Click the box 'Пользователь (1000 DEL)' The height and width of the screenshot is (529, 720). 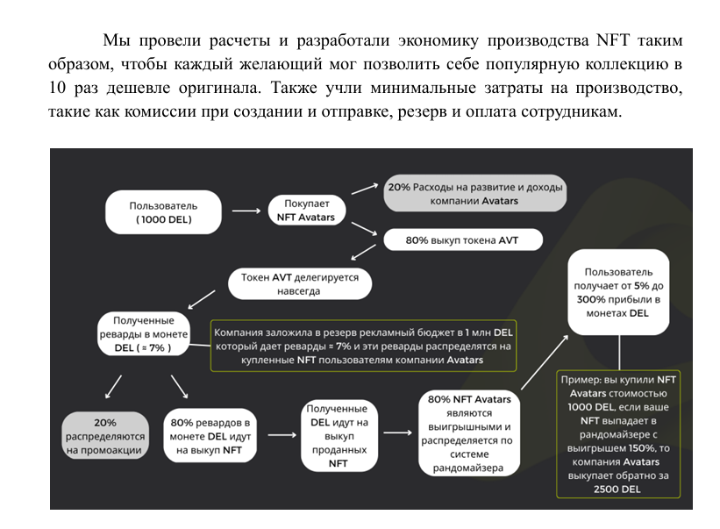[164, 212]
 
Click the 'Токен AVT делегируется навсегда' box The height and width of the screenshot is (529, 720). [300, 282]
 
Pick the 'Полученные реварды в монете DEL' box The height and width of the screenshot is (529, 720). [142, 333]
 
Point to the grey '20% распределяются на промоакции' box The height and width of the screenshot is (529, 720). [105, 435]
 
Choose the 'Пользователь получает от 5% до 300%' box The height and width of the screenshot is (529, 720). [619, 293]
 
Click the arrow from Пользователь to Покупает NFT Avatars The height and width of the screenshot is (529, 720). [248, 211]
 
